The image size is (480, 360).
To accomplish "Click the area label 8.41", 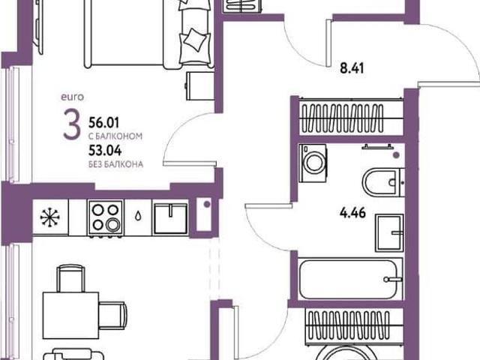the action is [352, 68].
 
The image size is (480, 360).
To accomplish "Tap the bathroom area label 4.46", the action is [352, 212].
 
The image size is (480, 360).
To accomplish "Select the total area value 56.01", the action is [103, 123].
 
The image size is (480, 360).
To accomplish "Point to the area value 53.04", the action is [105, 150].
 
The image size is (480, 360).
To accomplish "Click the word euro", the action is [72, 97].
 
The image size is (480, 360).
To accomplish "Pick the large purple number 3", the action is [72, 124].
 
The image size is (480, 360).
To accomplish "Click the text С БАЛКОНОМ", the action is [115, 136].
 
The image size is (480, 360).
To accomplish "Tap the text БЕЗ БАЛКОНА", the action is [115, 164].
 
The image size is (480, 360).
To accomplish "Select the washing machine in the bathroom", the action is [313, 163].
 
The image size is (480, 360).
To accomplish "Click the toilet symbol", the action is [383, 182].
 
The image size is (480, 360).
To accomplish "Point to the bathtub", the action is [350, 279].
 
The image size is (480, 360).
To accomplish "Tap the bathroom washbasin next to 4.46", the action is [389, 232].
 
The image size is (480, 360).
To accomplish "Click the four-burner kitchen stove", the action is [106, 218].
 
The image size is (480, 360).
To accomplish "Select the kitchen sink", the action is [170, 218].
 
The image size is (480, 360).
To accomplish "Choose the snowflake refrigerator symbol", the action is [49, 217].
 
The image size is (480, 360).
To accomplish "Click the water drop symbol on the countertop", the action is [138, 217].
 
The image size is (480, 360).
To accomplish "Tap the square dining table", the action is [70, 315].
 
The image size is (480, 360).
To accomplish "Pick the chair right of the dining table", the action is [113, 316].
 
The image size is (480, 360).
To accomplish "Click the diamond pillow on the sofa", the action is [195, 40].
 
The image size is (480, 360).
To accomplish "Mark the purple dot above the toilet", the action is [396, 155].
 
